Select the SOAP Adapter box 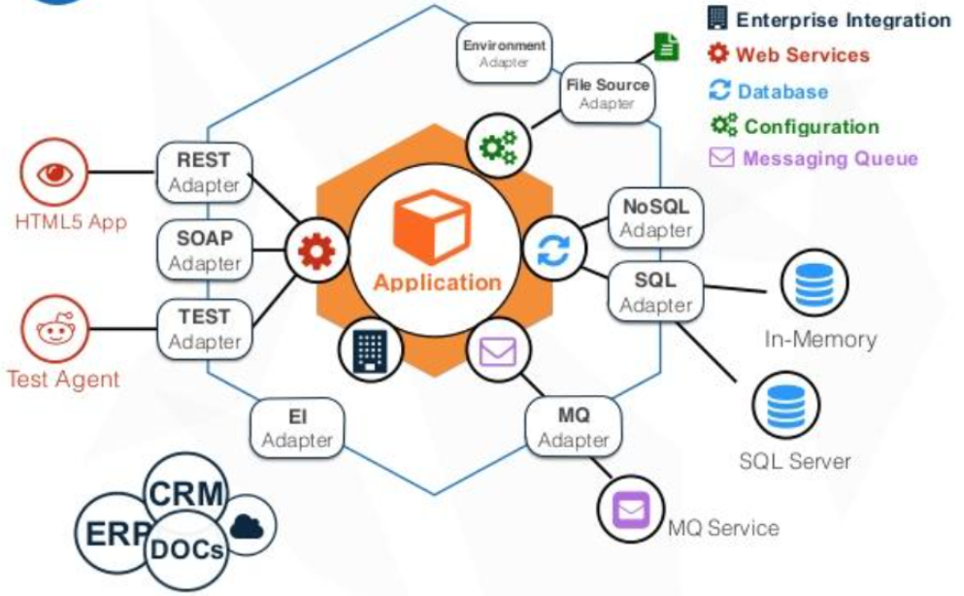click(x=204, y=249)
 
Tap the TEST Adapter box click(x=204, y=328)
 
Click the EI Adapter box click(x=297, y=428)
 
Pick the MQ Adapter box click(x=573, y=428)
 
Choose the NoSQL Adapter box click(x=656, y=217)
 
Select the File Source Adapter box click(x=608, y=93)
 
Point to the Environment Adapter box click(x=504, y=53)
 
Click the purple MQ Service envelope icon click(x=632, y=509)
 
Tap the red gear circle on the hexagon click(x=316, y=251)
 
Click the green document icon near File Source click(x=666, y=47)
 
